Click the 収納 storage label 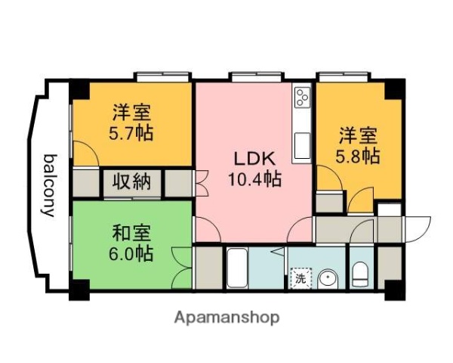pos(133,181)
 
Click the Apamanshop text pos(226,317)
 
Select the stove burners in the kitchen pos(303,98)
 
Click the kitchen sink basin pos(302,144)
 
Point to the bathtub pos(236,268)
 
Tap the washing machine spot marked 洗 pos(300,278)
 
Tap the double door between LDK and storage pos(202,182)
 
